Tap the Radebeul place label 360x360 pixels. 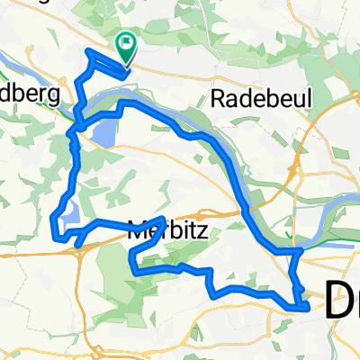pyautogui.click(x=248, y=99)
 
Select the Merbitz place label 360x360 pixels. pyautogui.click(x=168, y=231)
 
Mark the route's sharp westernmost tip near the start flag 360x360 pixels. pyautogui.click(x=86, y=51)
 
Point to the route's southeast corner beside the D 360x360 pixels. pyautogui.click(x=309, y=307)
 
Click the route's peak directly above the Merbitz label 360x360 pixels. pyautogui.click(x=161, y=219)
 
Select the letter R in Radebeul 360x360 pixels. pyautogui.click(x=216, y=99)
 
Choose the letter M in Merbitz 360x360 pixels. pyautogui.click(x=138, y=231)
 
